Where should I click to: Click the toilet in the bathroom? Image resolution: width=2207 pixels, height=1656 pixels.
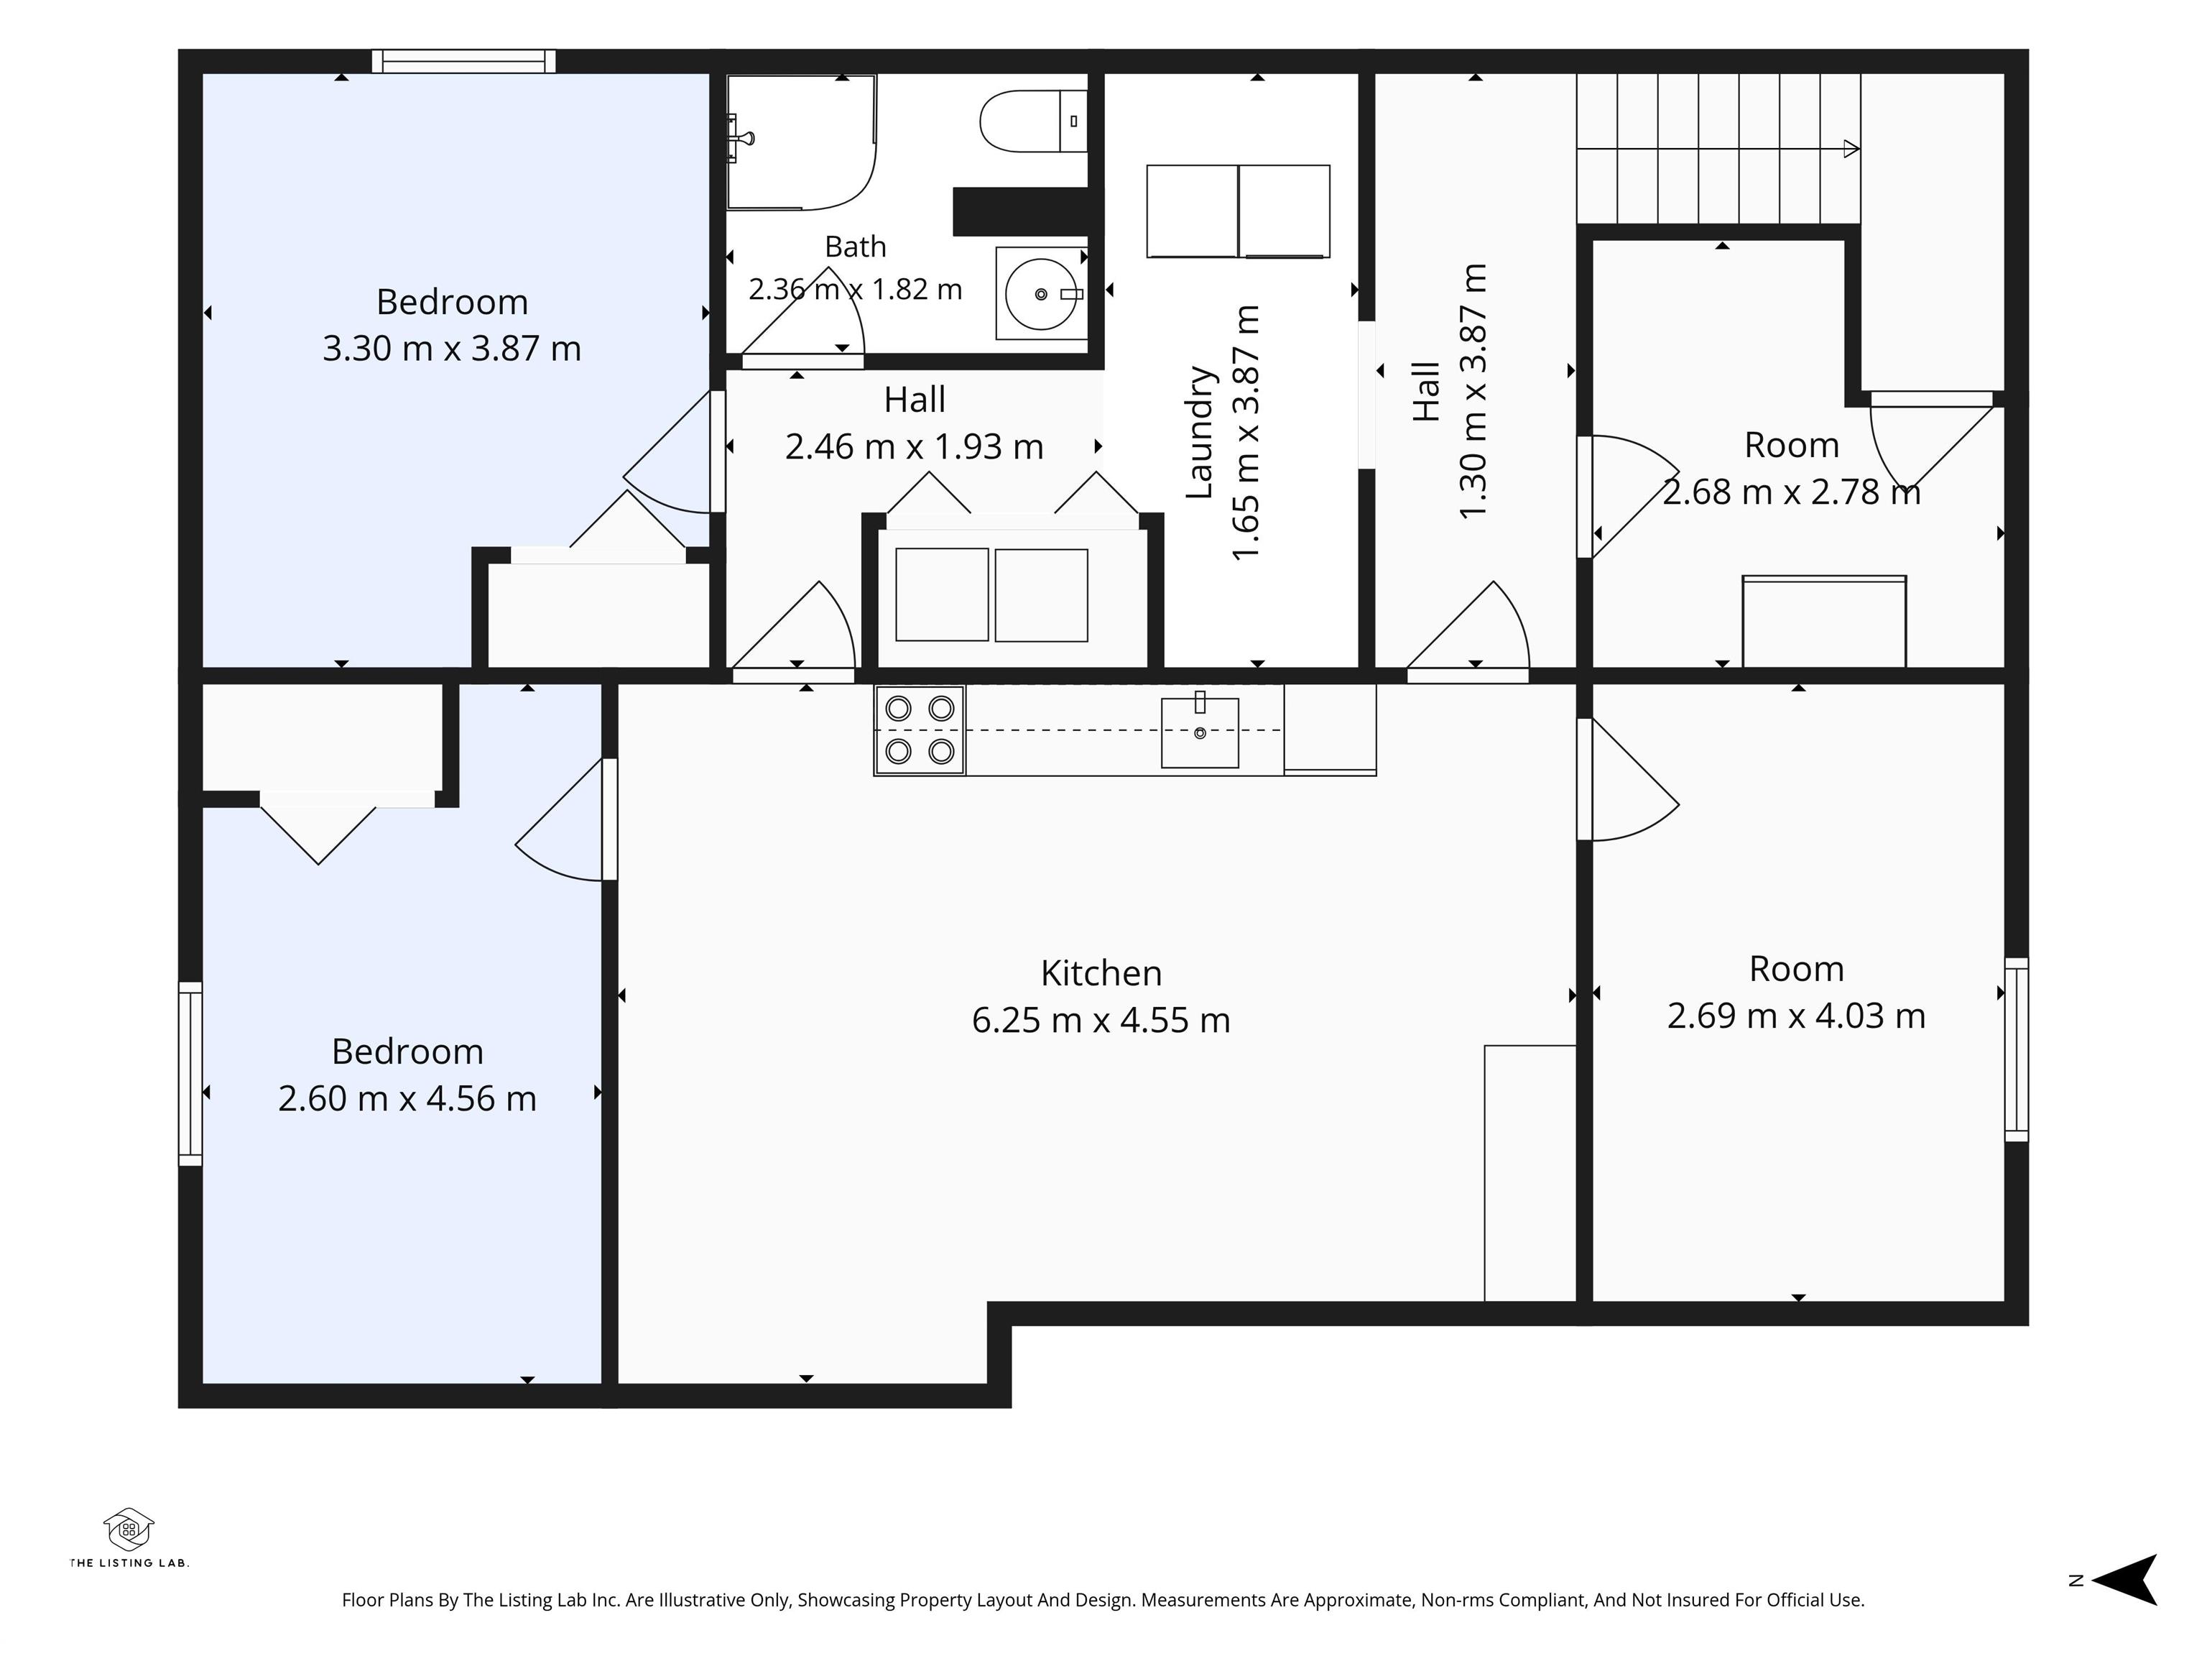pos(1034,121)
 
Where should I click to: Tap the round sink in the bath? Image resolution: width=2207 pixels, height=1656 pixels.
pos(1041,293)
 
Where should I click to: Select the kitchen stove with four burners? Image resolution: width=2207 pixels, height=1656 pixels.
pos(919,730)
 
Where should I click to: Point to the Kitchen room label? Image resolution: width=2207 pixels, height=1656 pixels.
pos(1101,972)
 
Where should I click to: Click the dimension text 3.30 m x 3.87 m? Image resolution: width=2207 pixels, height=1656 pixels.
pos(451,349)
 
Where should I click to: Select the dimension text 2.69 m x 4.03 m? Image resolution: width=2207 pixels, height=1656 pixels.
pos(1796,1015)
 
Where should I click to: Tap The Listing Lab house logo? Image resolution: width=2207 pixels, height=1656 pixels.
pos(129,1529)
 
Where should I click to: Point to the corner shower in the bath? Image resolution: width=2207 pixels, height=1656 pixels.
pos(801,142)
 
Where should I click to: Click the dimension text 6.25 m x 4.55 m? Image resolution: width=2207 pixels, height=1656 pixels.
pos(1101,1020)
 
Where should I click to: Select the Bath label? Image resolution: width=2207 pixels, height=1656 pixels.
pos(855,247)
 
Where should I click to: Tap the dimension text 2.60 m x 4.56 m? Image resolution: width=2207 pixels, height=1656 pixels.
pos(407,1098)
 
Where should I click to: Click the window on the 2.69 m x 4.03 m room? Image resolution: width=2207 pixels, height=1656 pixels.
pos(2017,1049)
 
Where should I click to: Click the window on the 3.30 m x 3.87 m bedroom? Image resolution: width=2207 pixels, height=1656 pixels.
pos(464,61)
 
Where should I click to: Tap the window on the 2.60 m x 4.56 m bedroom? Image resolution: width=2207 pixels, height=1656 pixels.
pos(190,1073)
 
